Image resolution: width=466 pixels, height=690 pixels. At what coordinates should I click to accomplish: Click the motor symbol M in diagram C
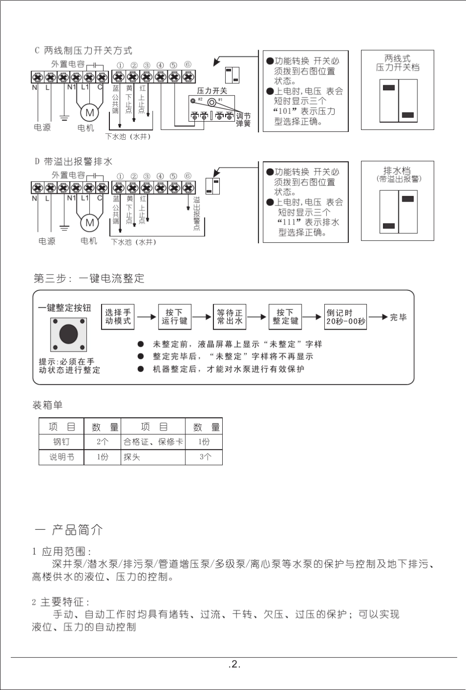pyautogui.click(x=90, y=112)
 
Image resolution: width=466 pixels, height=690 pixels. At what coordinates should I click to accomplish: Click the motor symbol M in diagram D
pyautogui.click(x=90, y=223)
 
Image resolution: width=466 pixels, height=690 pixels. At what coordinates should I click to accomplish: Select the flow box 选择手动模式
pyautogui.click(x=118, y=317)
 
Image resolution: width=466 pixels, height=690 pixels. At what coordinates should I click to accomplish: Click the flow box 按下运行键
pyautogui.click(x=174, y=317)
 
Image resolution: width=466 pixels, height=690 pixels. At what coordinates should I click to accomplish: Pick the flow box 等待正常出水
pyautogui.click(x=230, y=317)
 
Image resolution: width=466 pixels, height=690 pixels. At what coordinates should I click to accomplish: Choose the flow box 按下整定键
pyautogui.click(x=285, y=317)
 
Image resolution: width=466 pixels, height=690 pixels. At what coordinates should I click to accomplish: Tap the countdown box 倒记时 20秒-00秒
pyautogui.click(x=346, y=317)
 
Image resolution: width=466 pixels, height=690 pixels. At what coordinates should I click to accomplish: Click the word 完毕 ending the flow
pyautogui.click(x=398, y=317)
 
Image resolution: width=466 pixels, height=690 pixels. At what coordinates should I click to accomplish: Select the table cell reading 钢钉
pyautogui.click(x=61, y=442)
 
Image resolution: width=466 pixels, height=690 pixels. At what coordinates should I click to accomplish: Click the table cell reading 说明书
pyautogui.click(x=61, y=457)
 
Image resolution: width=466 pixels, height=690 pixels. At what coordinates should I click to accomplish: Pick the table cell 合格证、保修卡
pyautogui.click(x=153, y=442)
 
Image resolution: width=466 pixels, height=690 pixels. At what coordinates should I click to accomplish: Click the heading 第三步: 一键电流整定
pyautogui.click(x=89, y=279)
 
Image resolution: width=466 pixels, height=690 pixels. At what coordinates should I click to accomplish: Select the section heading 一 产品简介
pyautogui.click(x=69, y=530)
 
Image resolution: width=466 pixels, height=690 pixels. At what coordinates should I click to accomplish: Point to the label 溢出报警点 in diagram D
pyautogui.click(x=196, y=213)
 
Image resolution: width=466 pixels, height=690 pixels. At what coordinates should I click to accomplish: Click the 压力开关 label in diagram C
pyautogui.click(x=212, y=91)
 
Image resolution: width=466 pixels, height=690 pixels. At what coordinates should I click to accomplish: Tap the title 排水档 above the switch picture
pyautogui.click(x=397, y=171)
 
